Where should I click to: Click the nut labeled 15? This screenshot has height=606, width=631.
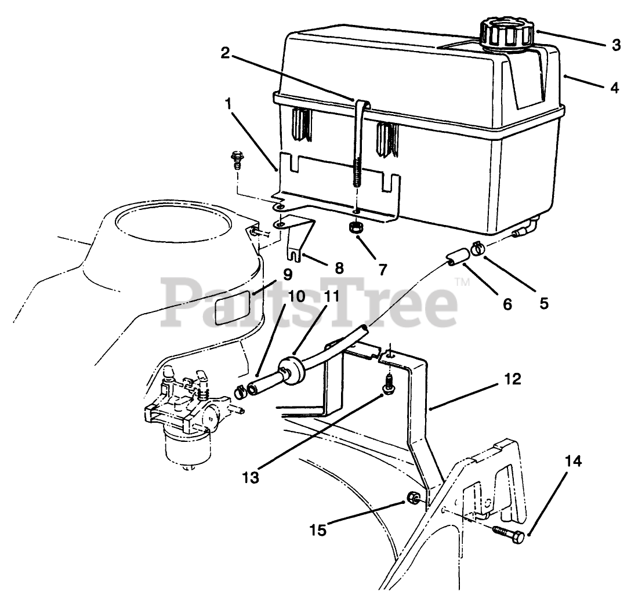click(x=414, y=497)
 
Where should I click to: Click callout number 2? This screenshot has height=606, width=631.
click(x=225, y=53)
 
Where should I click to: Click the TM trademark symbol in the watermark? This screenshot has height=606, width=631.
click(x=462, y=282)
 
